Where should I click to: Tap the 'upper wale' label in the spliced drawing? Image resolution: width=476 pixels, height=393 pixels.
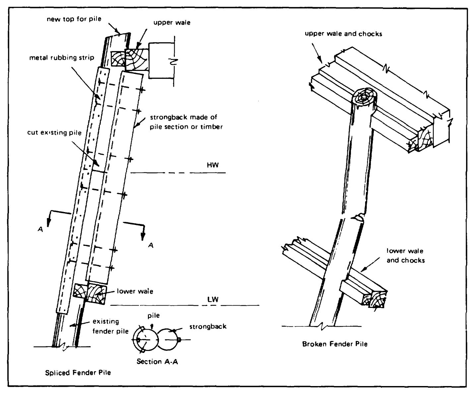click(x=172, y=23)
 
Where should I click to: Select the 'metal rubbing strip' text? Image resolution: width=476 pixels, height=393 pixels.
click(x=62, y=58)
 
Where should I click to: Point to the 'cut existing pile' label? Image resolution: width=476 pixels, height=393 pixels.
click(x=54, y=133)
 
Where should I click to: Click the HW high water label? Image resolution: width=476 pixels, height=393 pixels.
click(x=213, y=165)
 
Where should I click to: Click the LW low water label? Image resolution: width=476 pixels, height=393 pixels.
click(x=213, y=299)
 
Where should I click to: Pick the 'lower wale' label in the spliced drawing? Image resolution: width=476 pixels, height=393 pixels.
click(x=135, y=291)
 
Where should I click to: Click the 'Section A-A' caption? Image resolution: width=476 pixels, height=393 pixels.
click(x=157, y=362)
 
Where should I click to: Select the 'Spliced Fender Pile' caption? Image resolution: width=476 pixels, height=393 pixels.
click(x=78, y=372)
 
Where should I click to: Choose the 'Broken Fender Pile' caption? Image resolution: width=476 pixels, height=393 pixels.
click(x=335, y=344)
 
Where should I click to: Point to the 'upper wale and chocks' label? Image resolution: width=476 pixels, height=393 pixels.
click(x=343, y=34)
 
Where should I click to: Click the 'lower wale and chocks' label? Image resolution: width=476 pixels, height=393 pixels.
click(x=405, y=255)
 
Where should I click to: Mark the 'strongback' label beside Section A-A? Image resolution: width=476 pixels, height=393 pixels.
click(x=208, y=327)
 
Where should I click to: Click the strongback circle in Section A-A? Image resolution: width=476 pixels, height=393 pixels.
click(x=168, y=340)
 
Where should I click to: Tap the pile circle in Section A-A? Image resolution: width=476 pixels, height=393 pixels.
click(x=145, y=340)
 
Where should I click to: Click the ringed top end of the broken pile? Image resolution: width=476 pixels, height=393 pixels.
click(x=364, y=97)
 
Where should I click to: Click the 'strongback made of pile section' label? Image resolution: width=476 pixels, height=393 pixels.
click(x=186, y=122)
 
